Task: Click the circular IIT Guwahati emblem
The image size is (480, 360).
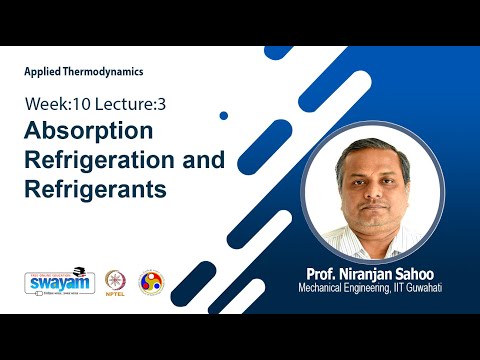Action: pos(151,282)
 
